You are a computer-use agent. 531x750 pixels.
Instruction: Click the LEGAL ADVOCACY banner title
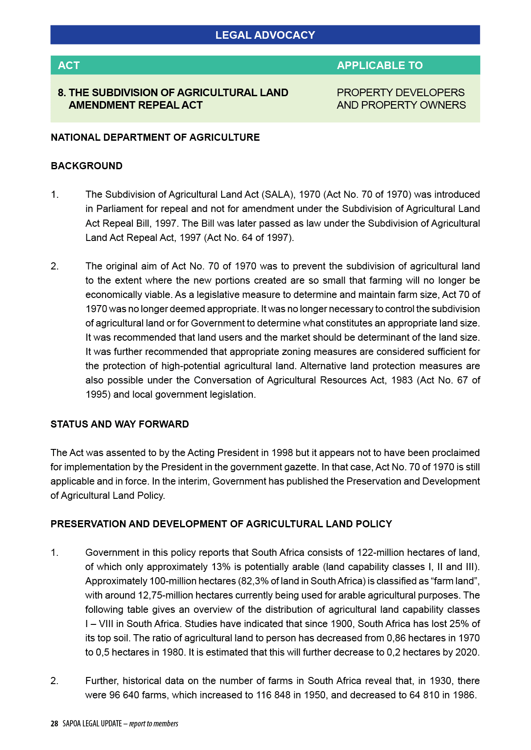pos(265,35)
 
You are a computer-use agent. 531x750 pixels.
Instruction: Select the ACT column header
pos(69,65)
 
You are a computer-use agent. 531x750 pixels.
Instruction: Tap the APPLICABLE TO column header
pos(379,65)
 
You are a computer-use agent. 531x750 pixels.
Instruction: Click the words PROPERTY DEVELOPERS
pos(400,93)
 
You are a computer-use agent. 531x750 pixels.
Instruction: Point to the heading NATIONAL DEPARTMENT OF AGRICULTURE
pos(155,137)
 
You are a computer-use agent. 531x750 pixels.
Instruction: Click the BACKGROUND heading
pos(86,166)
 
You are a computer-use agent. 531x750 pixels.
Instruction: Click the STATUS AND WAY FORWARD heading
pos(119,424)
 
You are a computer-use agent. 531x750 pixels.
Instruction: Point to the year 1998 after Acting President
pos(282,453)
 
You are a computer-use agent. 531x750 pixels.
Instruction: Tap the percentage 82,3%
pos(254,581)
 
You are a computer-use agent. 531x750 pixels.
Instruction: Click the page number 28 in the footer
pos(54,724)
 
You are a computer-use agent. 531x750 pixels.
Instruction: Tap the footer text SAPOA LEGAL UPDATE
pos(92,724)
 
